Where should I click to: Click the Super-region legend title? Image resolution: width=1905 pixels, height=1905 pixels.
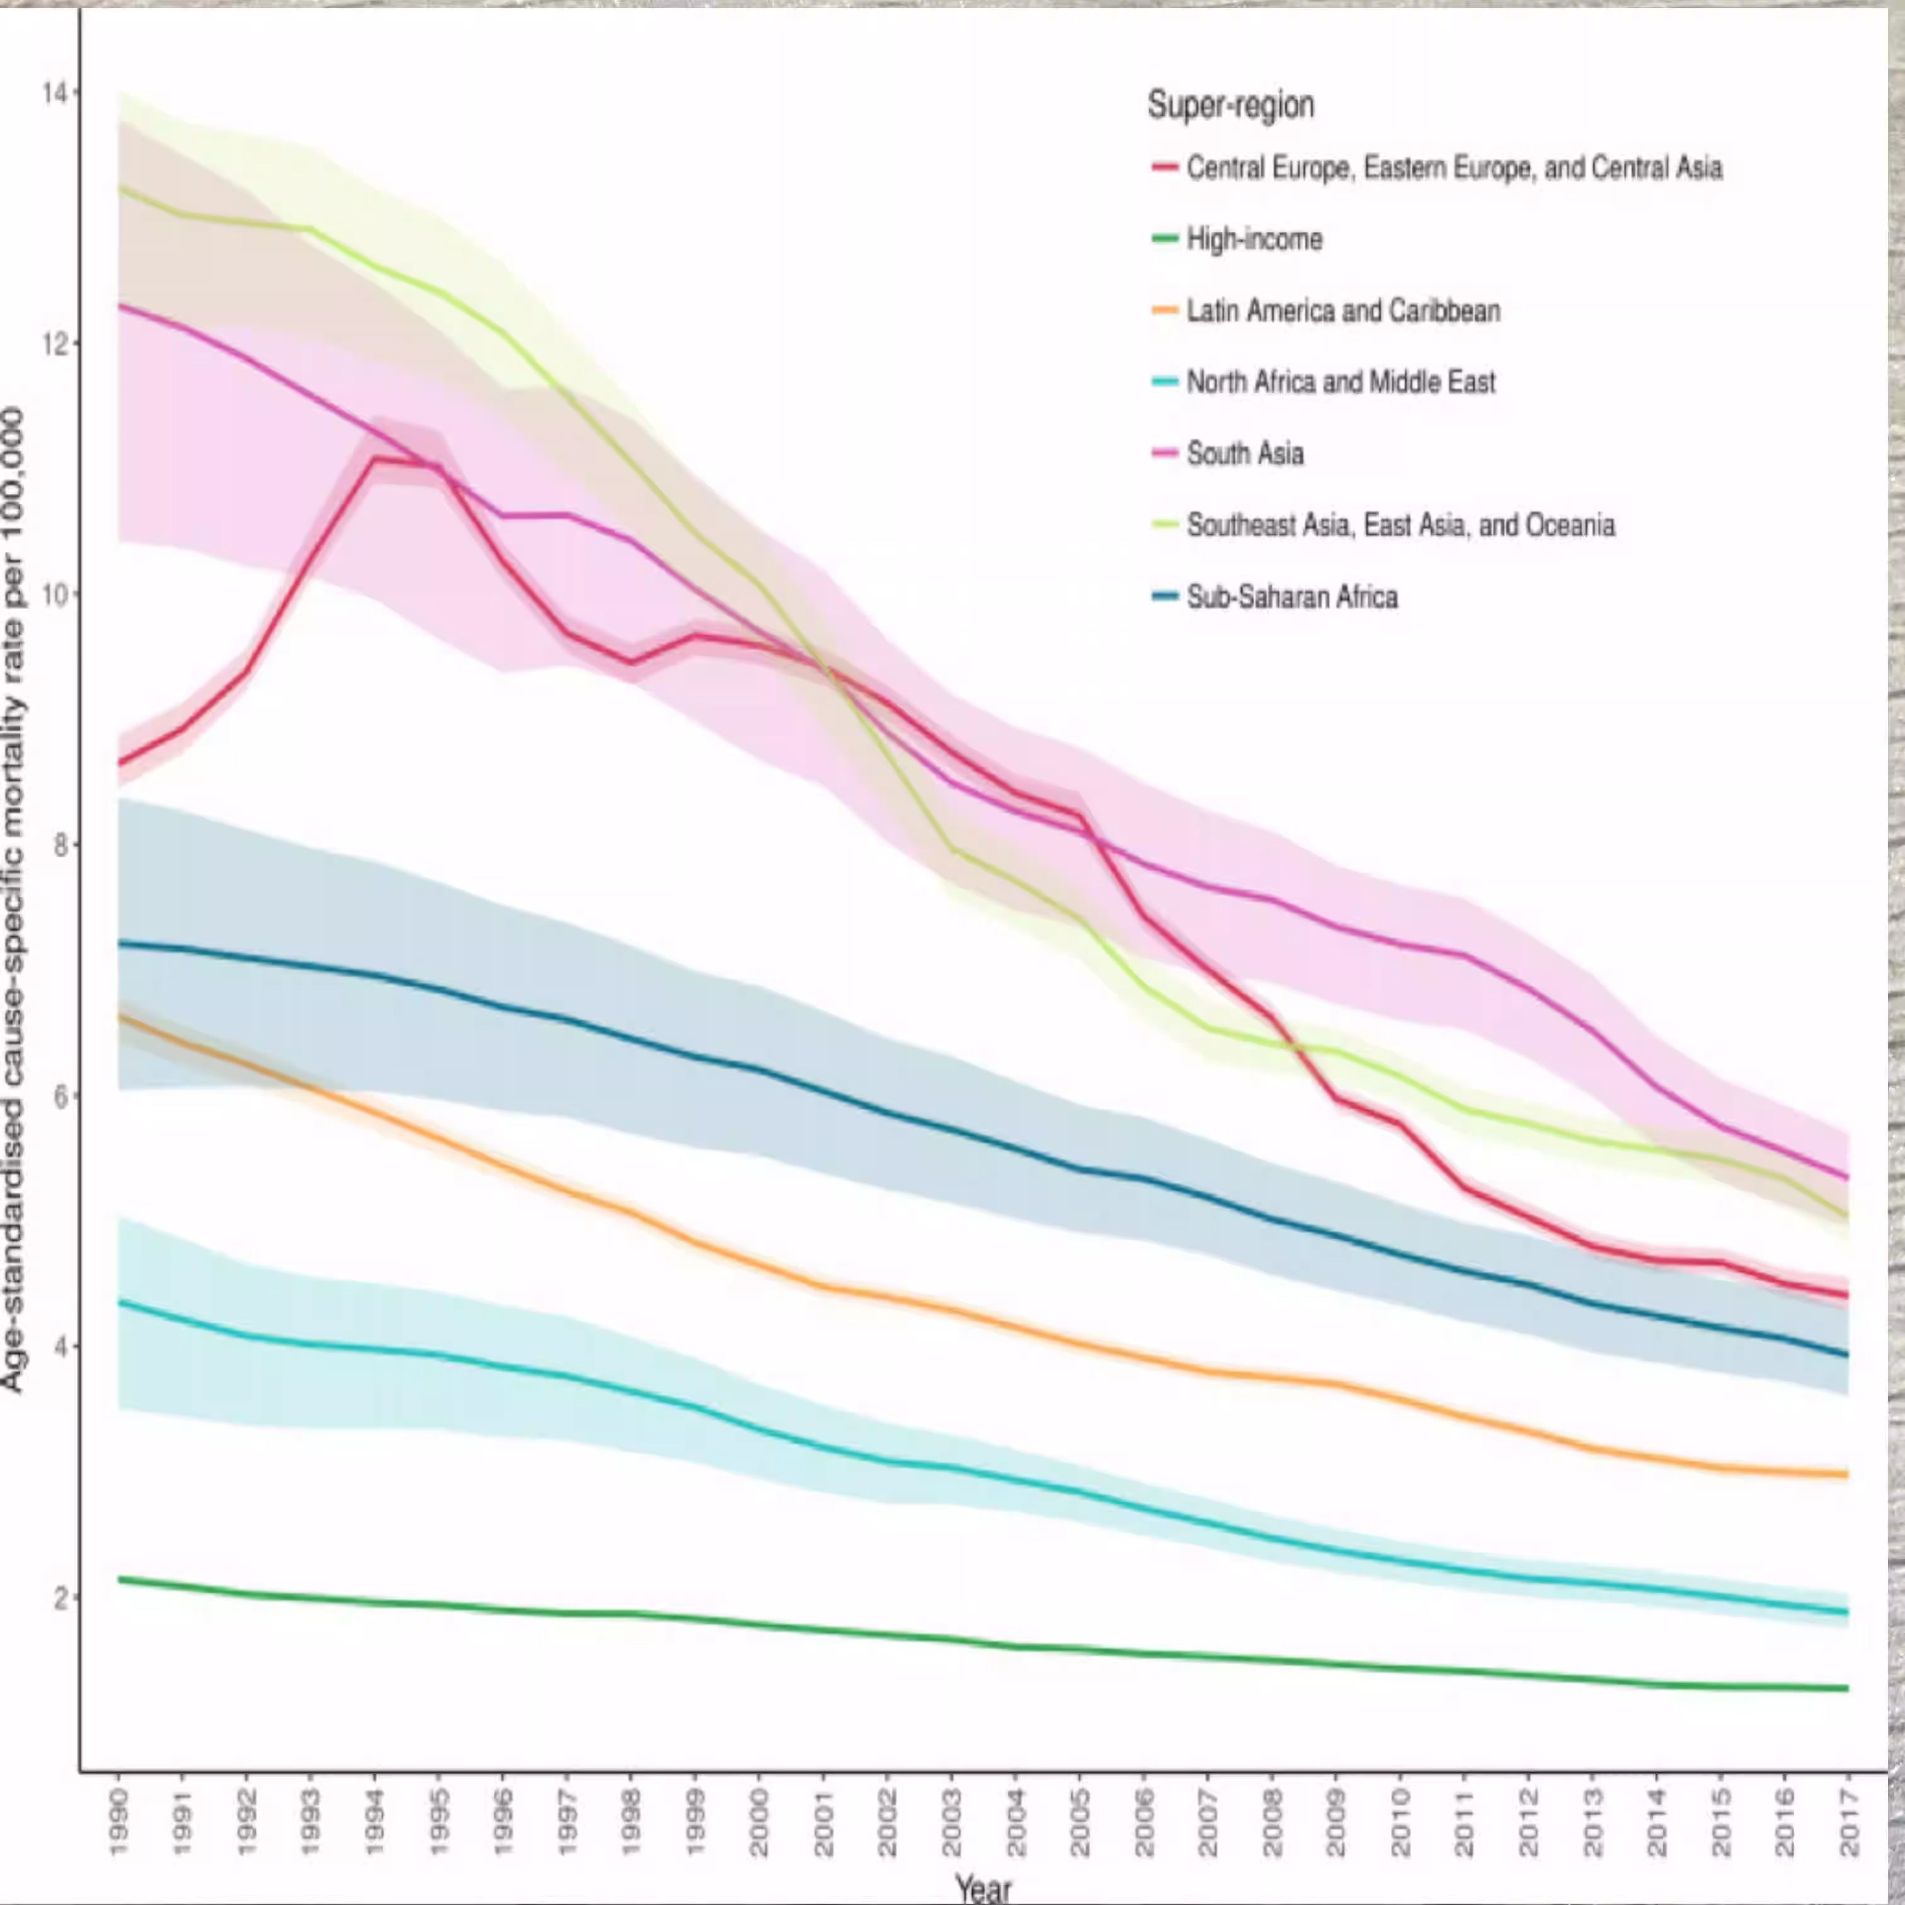1230,105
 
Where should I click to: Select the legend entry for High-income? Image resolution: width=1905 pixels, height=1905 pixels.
1253,239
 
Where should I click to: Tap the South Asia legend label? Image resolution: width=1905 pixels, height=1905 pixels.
1244,454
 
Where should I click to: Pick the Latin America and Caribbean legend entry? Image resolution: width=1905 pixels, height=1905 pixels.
1342,311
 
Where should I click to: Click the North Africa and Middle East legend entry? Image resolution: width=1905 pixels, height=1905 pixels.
1340,382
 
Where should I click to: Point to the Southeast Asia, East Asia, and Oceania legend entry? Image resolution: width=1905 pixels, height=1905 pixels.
1400,525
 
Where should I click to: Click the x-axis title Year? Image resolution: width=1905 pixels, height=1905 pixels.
983,1887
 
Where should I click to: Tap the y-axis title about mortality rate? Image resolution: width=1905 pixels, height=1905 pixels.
14,897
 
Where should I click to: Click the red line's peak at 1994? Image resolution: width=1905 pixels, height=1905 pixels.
375,459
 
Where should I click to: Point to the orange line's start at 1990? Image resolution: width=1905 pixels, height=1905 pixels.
119,1015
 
